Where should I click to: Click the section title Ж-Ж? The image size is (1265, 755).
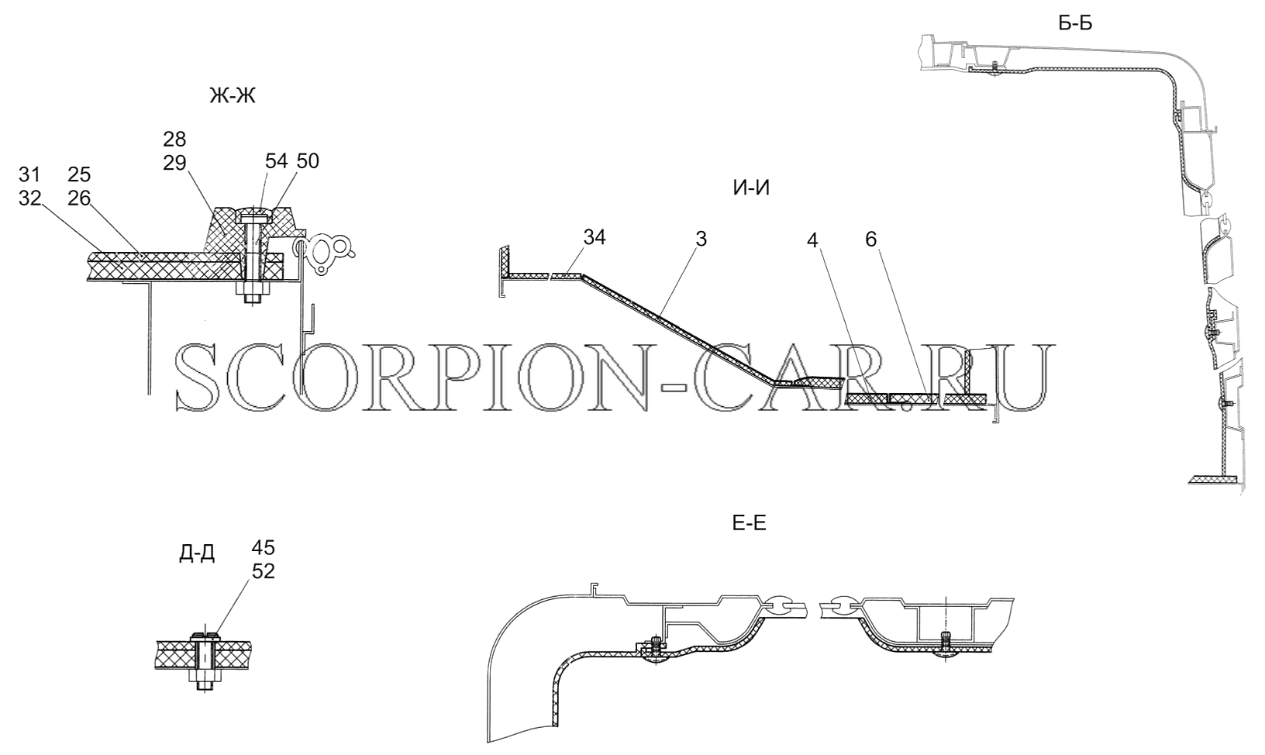232,96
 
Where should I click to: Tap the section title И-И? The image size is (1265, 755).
751,188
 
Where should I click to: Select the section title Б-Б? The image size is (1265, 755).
1075,23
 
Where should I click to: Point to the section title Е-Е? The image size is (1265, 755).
749,523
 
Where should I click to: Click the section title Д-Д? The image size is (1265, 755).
197,554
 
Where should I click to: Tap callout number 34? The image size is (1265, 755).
594,238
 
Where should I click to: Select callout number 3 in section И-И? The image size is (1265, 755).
701,240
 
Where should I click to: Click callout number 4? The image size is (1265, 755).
812,241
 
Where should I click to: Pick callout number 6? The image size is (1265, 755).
870,240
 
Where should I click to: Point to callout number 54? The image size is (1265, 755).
277,161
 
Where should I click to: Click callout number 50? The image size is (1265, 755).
308,161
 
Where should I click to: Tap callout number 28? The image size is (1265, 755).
174,139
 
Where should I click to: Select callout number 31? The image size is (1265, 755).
29,175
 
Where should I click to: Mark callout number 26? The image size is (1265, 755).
79,198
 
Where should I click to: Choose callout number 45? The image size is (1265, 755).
264,548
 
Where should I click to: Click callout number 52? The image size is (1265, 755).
264,571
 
